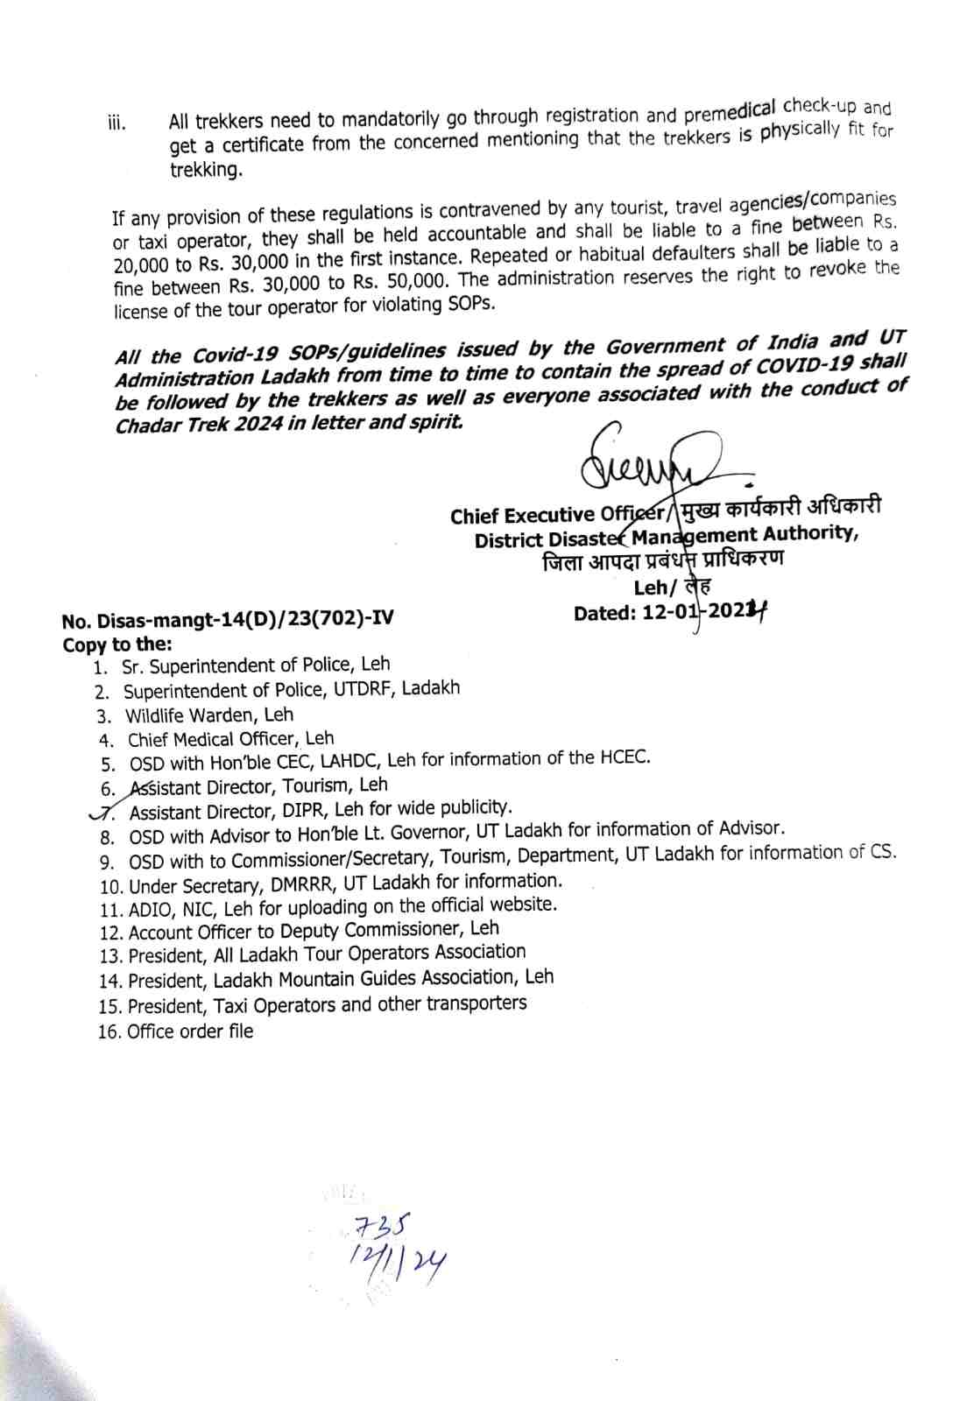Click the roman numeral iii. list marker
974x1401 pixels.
pyautogui.click(x=116, y=123)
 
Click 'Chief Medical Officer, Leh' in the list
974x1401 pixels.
pyautogui.click(x=230, y=739)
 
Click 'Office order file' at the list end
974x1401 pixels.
pyautogui.click(x=190, y=1031)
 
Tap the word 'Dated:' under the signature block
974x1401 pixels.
pyautogui.click(x=604, y=613)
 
